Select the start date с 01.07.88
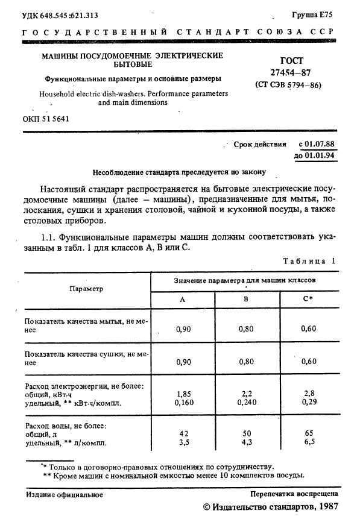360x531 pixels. pos(317,145)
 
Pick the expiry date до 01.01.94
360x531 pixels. pos(314,156)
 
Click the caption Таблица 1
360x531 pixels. pos(309,260)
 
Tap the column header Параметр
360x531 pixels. pos(86,289)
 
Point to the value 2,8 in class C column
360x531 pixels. pos(309,392)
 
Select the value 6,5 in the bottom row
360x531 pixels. pos(309,443)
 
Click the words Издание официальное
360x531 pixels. pos(65,494)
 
